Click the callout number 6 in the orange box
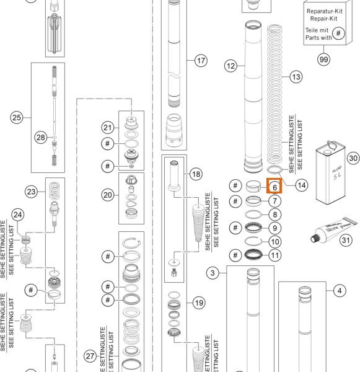click(274, 186)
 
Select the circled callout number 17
click(200, 61)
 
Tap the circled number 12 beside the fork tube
click(231, 65)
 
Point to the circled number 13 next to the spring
click(296, 77)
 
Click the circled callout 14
click(301, 184)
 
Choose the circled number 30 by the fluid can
click(353, 158)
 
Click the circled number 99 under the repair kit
click(323, 60)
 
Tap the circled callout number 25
click(17, 117)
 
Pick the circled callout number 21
click(108, 127)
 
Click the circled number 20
click(108, 194)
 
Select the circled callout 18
click(196, 174)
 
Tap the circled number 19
click(198, 303)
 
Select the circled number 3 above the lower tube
click(213, 273)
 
